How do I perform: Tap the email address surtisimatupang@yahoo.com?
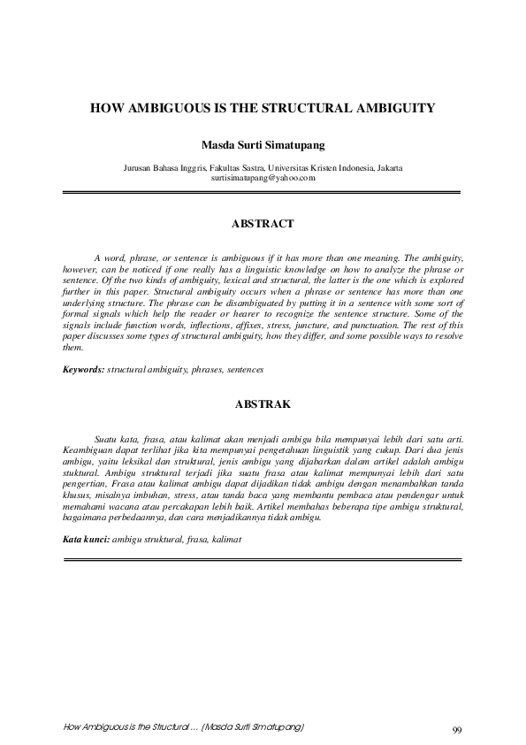click(263, 178)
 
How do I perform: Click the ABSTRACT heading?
click(263, 225)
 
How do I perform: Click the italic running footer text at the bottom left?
click(185, 726)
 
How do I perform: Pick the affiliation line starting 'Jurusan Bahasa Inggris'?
click(263, 168)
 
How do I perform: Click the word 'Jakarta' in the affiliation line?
click(390, 168)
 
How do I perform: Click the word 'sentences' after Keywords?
click(245, 368)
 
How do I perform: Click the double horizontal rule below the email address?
click(263, 191)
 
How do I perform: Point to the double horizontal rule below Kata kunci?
click(263, 559)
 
